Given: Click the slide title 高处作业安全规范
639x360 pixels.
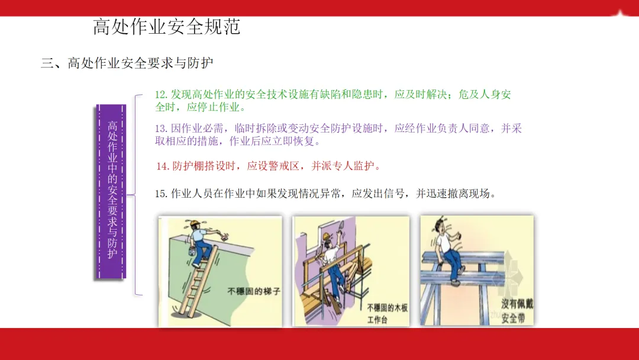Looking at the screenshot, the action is (167, 27).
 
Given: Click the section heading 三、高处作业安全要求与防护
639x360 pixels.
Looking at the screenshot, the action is (127, 63).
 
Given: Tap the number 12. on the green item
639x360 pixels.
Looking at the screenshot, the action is (161, 95).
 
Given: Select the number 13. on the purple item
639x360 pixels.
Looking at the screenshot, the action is (161, 129).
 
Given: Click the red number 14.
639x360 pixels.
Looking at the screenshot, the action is (163, 166).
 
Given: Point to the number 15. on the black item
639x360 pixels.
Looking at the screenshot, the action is (161, 194).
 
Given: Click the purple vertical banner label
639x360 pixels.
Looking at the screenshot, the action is (111, 191).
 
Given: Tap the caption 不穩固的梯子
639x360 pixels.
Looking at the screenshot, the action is (254, 291).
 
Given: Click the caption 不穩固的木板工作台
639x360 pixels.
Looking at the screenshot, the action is (387, 314).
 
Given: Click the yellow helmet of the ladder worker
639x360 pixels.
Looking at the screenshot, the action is (196, 223).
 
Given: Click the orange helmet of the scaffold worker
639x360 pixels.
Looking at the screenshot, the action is (326, 236).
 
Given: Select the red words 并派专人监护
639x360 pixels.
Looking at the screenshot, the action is (343, 166).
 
